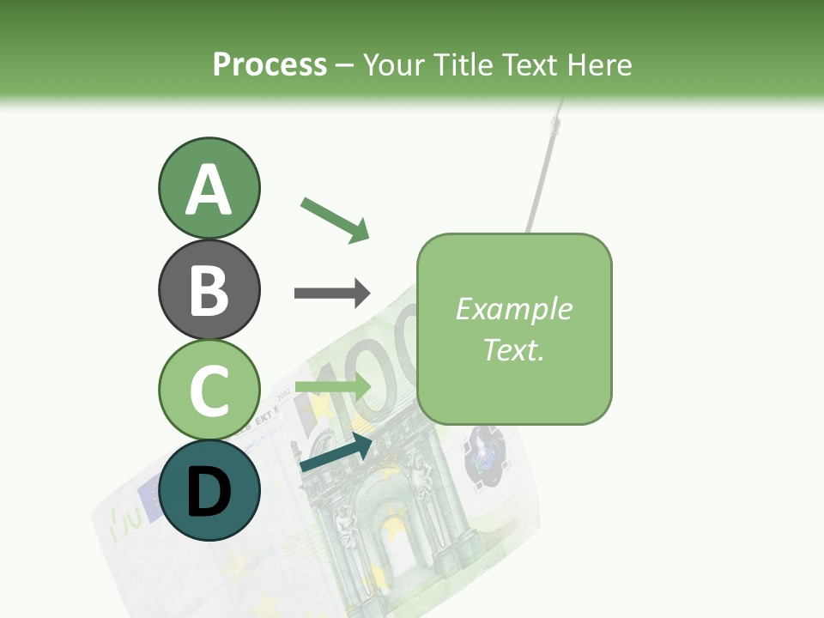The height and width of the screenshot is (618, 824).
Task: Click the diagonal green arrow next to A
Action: coord(335,219)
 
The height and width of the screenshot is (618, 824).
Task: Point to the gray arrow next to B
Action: coord(332,293)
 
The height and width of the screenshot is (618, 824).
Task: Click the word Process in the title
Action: coord(270,64)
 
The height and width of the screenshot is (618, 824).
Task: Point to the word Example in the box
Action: coord(513,309)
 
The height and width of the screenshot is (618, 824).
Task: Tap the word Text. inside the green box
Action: coord(513,349)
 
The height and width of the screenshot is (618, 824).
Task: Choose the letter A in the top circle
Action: coord(209,190)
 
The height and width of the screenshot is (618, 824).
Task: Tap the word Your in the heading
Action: coord(394,65)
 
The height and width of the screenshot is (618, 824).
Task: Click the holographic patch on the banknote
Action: coord(485,455)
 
